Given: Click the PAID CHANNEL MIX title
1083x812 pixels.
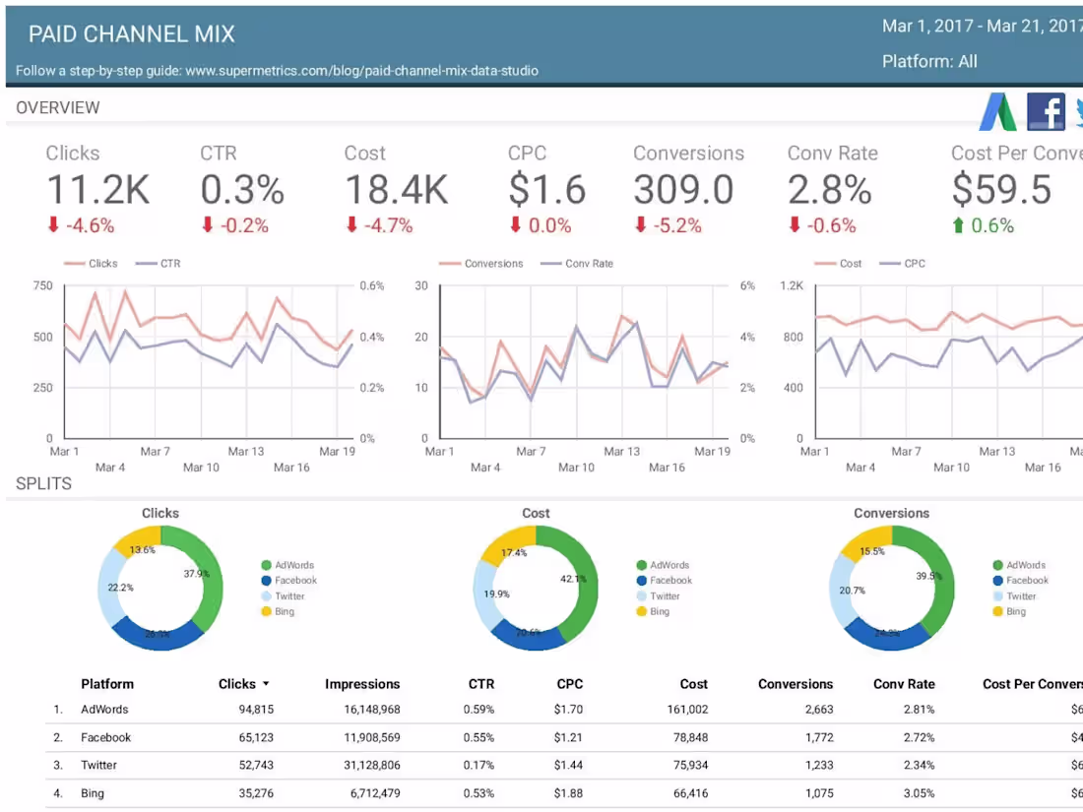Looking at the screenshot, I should pyautogui.click(x=131, y=34).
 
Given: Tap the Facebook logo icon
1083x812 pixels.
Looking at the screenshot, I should pyautogui.click(x=1046, y=111).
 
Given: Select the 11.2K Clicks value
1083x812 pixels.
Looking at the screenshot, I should pyautogui.click(x=97, y=189).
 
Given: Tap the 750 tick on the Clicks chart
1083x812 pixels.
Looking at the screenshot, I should pyautogui.click(x=42, y=286).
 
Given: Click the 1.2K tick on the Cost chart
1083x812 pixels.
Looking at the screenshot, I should pyautogui.click(x=792, y=286).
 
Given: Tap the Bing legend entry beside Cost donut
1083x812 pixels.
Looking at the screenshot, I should pyautogui.click(x=659, y=611).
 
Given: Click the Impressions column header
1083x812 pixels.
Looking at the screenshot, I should pyautogui.click(x=362, y=684).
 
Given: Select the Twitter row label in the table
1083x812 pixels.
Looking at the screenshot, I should pyautogui.click(x=98, y=765).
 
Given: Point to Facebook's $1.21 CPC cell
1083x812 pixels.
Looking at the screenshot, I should pyautogui.click(x=568, y=737).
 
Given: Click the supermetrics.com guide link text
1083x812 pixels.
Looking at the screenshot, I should pyautogui.click(x=361, y=71).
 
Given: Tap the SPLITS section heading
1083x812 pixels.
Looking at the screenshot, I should pyautogui.click(x=43, y=484).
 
